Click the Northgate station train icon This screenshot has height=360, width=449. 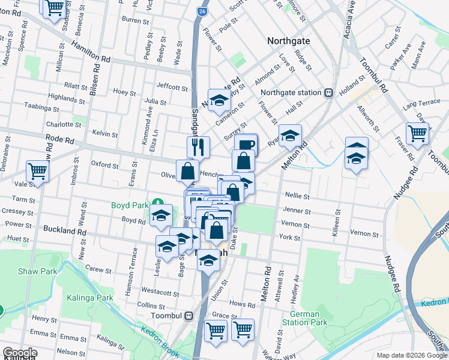point(328,92)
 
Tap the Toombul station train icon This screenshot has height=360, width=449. point(188,316)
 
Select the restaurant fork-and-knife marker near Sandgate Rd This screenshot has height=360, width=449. point(198,146)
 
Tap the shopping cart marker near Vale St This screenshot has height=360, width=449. point(37,171)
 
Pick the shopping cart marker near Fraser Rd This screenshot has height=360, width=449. point(417,133)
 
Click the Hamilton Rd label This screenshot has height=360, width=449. point(91,51)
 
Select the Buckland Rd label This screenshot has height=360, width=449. point(65,230)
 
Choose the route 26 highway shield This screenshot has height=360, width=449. point(203,11)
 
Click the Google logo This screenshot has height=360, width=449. point(20,353)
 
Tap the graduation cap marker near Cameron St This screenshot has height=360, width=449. point(219,100)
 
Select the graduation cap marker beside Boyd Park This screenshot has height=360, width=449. point(160,215)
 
